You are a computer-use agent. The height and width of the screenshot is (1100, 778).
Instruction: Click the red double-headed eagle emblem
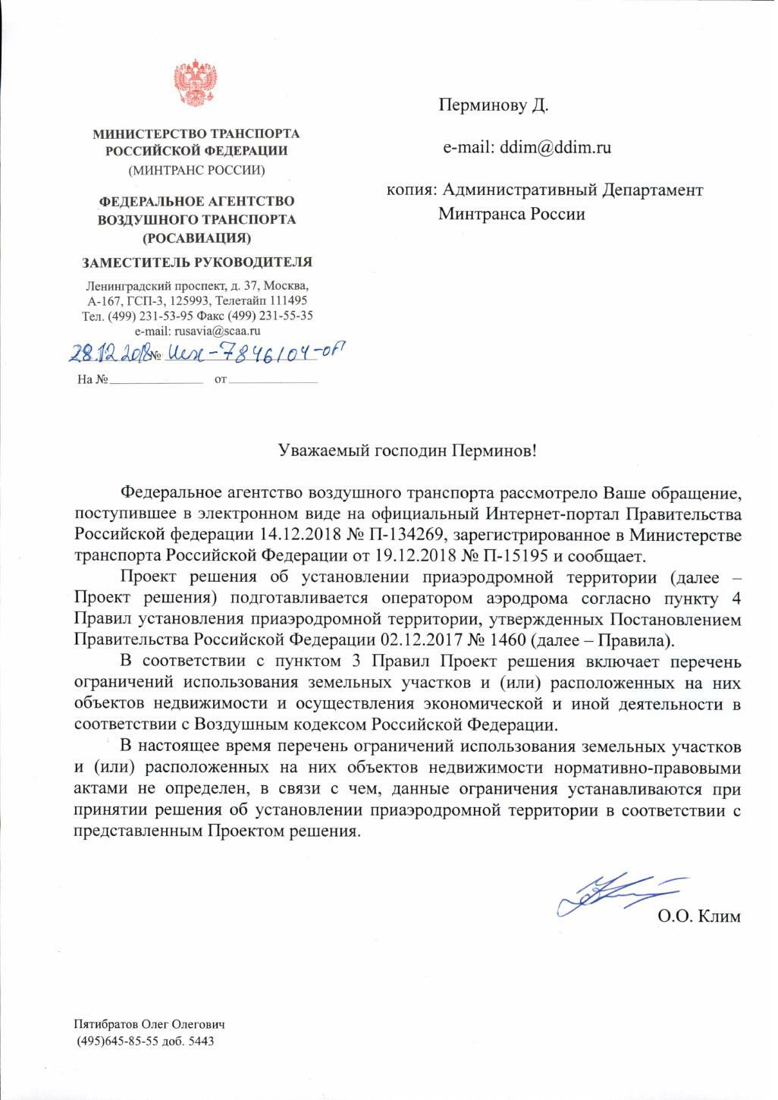tap(196, 83)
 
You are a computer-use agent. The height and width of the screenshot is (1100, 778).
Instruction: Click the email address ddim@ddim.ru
tap(555, 147)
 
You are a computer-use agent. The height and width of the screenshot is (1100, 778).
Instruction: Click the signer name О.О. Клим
tap(698, 916)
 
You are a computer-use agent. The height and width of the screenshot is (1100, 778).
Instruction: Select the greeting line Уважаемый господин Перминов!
tap(407, 451)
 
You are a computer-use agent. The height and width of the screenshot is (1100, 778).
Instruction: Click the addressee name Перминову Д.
tap(493, 105)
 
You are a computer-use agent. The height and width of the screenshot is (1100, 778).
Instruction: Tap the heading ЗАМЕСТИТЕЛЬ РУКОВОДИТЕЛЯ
tap(197, 262)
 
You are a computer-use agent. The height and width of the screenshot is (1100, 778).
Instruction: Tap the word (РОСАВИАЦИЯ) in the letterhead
tap(196, 237)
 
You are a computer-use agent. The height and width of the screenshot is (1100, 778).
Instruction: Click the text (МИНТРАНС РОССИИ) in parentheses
tap(196, 170)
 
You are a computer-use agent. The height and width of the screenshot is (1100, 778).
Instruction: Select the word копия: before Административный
tap(409, 190)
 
